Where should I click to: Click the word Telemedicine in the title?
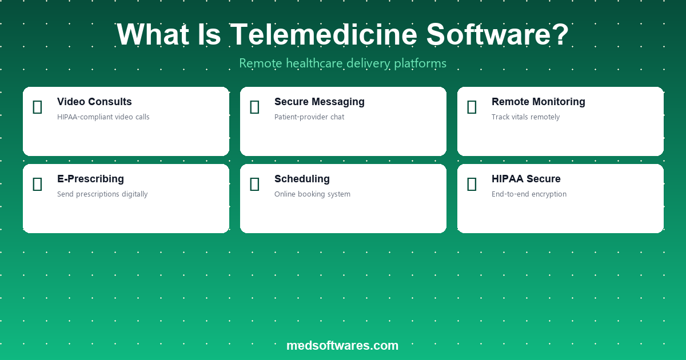(x=324, y=34)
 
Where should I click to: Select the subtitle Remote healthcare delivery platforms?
(x=342, y=63)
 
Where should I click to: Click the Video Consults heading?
(x=94, y=102)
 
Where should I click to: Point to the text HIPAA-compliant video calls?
(x=103, y=117)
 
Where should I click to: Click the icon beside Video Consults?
(x=37, y=107)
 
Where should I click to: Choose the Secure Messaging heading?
(x=320, y=102)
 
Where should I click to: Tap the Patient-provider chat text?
(x=309, y=117)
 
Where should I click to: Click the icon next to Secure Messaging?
(x=254, y=107)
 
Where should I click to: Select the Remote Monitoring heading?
(x=539, y=102)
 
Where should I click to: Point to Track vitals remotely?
(x=525, y=117)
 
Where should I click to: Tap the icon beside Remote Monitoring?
(x=472, y=107)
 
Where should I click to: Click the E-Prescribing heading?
(x=91, y=179)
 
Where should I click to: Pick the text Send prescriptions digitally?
(x=102, y=194)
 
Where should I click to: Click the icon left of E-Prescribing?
(x=37, y=184)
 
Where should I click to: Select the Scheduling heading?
(x=302, y=179)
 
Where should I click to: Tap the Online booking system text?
(x=312, y=194)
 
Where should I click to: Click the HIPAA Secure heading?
(x=526, y=179)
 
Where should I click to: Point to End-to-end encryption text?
(x=529, y=194)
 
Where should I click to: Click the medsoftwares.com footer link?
(x=342, y=346)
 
